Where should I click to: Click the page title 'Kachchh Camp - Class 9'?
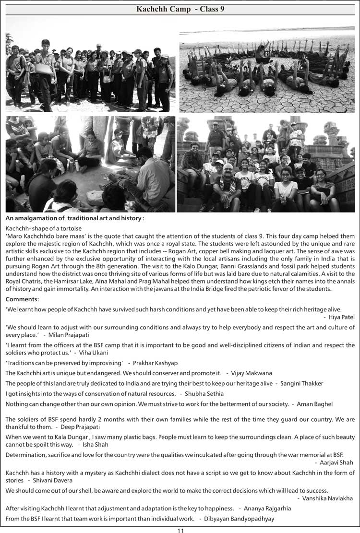coord(180,9)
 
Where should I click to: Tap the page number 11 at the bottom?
coord(180,529)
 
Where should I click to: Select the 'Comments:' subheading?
coord(22,299)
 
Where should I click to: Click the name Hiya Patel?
coord(342,318)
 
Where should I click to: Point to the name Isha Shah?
coord(97,445)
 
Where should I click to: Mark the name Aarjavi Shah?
coord(336,462)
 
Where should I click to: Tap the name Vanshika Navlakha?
coord(328,498)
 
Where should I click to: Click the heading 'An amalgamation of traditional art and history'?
coord(74,218)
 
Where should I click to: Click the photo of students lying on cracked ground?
coord(267,71)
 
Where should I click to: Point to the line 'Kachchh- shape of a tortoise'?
coord(44,228)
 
